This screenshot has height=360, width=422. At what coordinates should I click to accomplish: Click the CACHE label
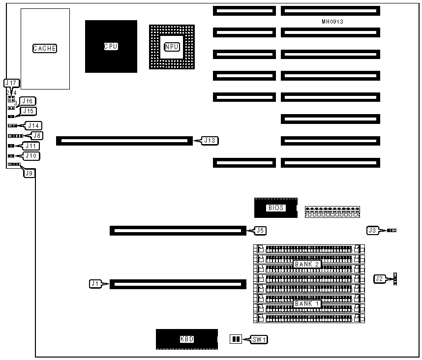(45, 48)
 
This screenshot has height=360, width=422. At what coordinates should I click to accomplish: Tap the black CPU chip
(111, 46)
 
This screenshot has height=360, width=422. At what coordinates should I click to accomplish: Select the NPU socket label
(172, 47)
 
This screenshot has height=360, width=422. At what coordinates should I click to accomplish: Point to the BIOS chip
(275, 208)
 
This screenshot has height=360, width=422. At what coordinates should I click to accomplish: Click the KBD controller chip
(187, 339)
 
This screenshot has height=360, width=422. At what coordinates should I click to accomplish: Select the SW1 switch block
(236, 339)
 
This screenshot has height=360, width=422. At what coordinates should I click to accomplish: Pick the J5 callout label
(261, 230)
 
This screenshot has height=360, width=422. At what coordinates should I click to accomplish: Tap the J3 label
(373, 230)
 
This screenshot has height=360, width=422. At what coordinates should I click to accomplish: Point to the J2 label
(379, 279)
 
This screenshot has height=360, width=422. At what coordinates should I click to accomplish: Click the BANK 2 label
(307, 264)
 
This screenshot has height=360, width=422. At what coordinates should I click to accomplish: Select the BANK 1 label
(307, 304)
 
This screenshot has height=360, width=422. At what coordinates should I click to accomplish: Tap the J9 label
(29, 173)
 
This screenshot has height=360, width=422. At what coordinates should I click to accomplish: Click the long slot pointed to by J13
(122, 141)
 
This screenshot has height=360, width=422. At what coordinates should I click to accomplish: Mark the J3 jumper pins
(392, 230)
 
